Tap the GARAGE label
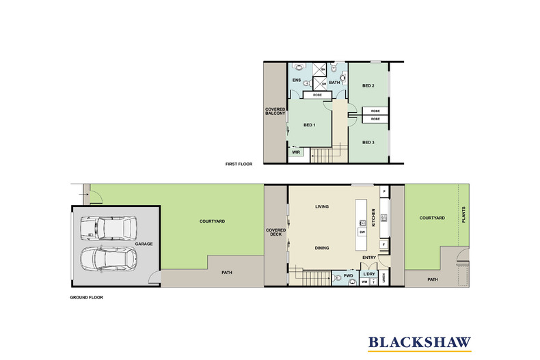tap(144, 243)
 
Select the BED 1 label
tap(309, 125)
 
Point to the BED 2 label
tap(368, 85)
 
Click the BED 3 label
tap(368, 142)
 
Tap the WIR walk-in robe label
tap(296, 152)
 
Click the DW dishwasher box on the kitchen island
tap(362, 232)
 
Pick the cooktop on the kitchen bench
tap(384, 218)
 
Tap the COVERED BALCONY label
tap(275, 111)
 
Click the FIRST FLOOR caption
tap(240, 165)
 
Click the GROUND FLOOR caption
tap(86, 298)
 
